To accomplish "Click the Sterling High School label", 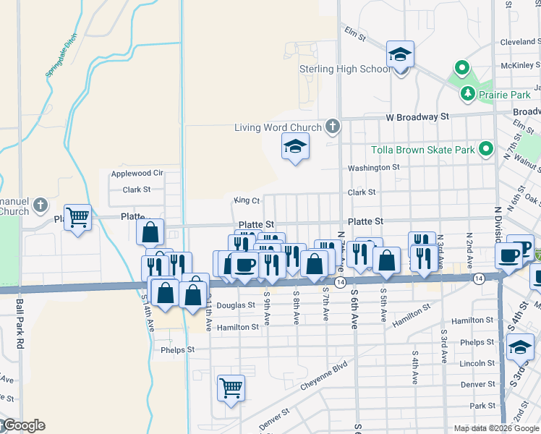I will [345, 69].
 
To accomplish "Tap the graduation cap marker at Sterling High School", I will [400, 55].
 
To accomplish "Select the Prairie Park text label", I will [495, 94].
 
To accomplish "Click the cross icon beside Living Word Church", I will [332, 127].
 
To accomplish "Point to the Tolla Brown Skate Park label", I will [422, 150].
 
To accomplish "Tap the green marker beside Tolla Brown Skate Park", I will [487, 150].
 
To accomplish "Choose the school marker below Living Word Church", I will [295, 147].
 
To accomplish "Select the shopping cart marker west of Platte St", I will [78, 216].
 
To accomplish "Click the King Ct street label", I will [247, 200].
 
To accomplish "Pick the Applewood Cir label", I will [137, 174].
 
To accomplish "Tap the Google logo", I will [23, 425].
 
